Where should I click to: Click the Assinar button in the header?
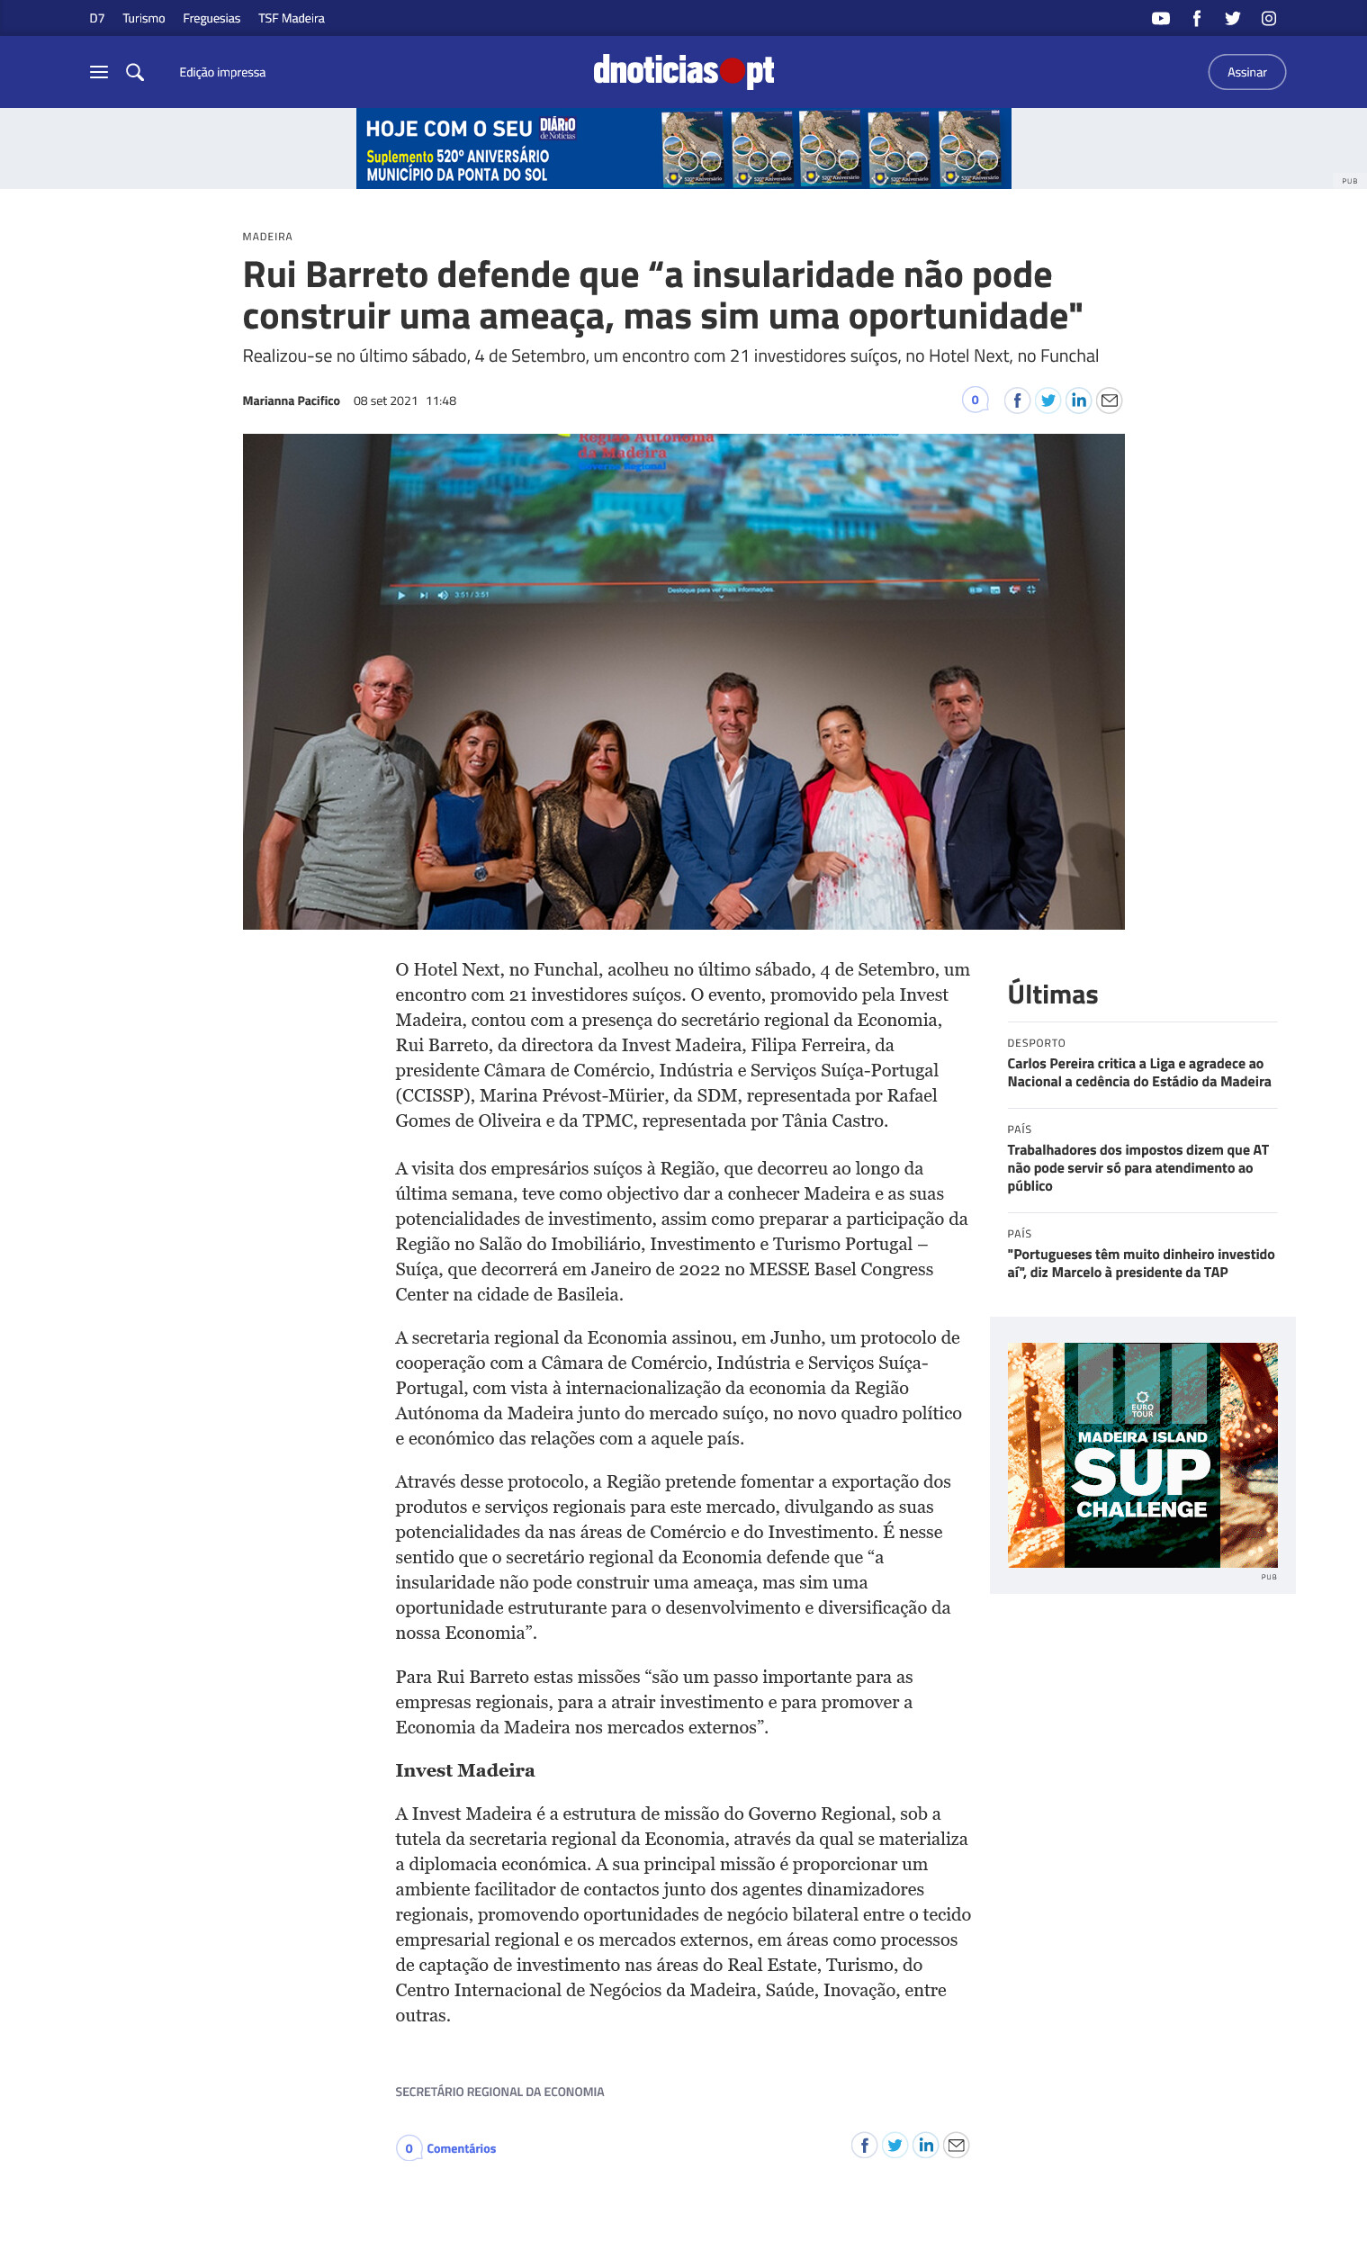coord(1246,72)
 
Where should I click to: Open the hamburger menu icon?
coord(99,72)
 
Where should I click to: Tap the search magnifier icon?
coord(135,72)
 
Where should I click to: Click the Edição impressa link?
coord(222,72)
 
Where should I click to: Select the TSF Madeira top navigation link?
coord(291,18)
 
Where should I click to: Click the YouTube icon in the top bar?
coord(1160,18)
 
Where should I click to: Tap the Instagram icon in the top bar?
coord(1267,18)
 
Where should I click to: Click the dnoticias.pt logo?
coord(683,71)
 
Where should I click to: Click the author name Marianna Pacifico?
coord(291,400)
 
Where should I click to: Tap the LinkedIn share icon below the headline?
coord(1078,400)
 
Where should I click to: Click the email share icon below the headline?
coord(1109,400)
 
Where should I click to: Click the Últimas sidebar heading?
coord(1052,994)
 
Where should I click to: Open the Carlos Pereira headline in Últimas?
coord(1138,1073)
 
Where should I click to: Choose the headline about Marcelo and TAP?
coord(1139,1263)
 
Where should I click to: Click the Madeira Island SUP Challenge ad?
coord(1141,1454)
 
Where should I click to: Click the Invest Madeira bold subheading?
coord(464,1770)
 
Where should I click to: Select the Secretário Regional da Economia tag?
coord(499,2092)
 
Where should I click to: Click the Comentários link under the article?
coord(460,2148)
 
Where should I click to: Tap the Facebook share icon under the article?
coord(864,2145)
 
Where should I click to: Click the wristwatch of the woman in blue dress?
coord(480,872)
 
